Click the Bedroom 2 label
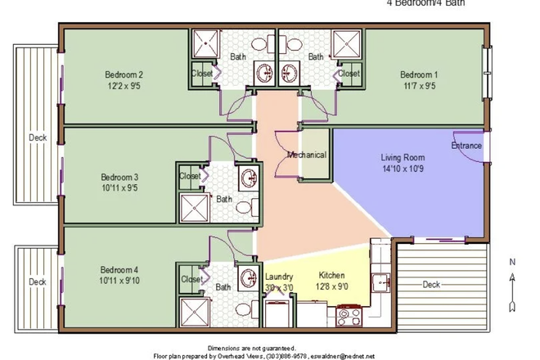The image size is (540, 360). coord(124,72)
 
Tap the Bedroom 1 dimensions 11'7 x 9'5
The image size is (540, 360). coord(419,85)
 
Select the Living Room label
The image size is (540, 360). coord(402,157)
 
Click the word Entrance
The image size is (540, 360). coord(466,146)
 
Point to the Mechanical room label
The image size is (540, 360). coord(307,155)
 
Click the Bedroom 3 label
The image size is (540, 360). coord(119,176)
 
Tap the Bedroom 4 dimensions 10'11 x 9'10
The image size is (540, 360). coord(119,281)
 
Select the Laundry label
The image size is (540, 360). coord(280,276)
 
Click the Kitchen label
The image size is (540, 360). coord(331,276)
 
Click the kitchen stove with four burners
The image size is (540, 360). coord(349,313)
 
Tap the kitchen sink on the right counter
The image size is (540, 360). coord(380,283)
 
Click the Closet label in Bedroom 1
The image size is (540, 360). coord(349,74)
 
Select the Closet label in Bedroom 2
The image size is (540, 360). coord(202,74)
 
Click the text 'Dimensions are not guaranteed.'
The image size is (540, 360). coord(251,348)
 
